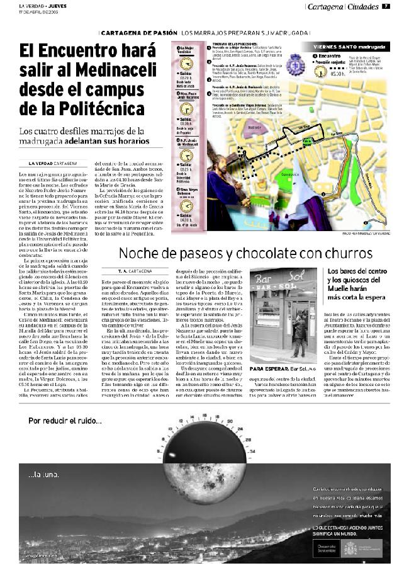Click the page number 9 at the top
pos(385,7)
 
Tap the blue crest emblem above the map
pos(293,64)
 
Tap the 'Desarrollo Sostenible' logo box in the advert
pos(325,548)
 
